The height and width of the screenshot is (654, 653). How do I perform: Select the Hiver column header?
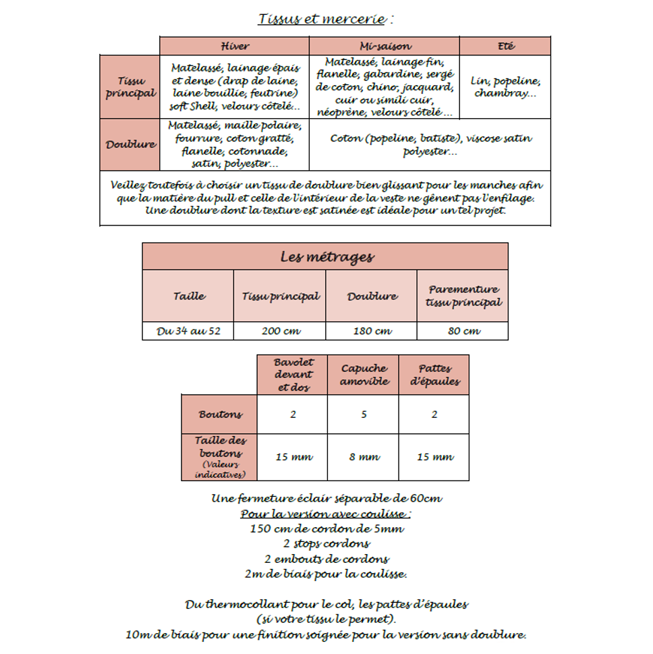(235, 46)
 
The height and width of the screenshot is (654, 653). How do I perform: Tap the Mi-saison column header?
(384, 46)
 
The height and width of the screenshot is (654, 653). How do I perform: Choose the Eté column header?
(505, 46)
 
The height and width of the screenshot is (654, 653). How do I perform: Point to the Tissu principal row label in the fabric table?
(130, 87)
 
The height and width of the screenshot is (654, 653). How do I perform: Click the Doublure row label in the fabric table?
(130, 144)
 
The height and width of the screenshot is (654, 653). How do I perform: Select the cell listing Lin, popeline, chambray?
(505, 87)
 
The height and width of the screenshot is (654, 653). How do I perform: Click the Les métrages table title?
(326, 257)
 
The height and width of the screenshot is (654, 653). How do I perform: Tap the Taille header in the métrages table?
(189, 296)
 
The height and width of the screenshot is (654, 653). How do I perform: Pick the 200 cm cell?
(280, 331)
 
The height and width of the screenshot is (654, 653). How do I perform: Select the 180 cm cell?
(372, 331)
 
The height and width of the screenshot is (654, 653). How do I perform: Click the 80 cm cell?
(463, 331)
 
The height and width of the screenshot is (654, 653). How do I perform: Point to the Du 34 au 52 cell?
(189, 331)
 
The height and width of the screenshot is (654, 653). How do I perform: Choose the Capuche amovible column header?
(364, 375)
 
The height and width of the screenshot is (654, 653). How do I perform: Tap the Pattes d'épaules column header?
(434, 375)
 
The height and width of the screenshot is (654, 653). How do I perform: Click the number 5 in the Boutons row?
(364, 414)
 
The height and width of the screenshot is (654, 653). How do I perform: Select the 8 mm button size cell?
(364, 457)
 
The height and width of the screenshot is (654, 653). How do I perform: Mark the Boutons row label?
(220, 414)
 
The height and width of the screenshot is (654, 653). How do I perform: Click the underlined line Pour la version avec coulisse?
(326, 514)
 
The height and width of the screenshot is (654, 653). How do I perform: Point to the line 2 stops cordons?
(326, 543)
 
